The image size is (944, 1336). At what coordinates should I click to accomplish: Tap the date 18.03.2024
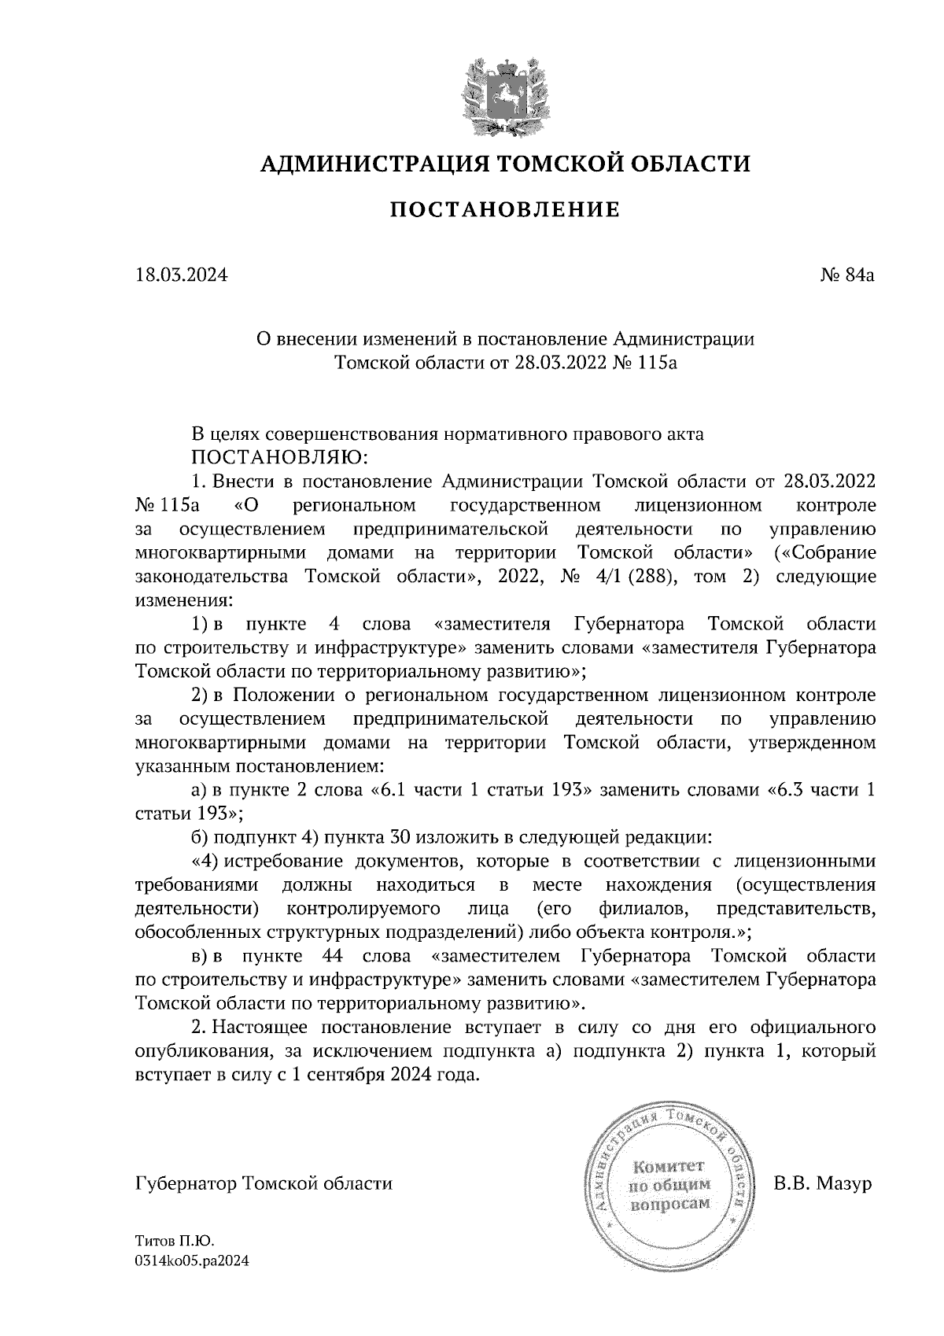[181, 276]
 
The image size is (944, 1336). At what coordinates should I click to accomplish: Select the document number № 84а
[847, 276]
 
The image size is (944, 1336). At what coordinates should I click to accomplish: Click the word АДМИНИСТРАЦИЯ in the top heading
[365, 164]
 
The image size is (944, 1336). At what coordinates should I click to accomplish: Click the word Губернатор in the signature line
[187, 1184]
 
